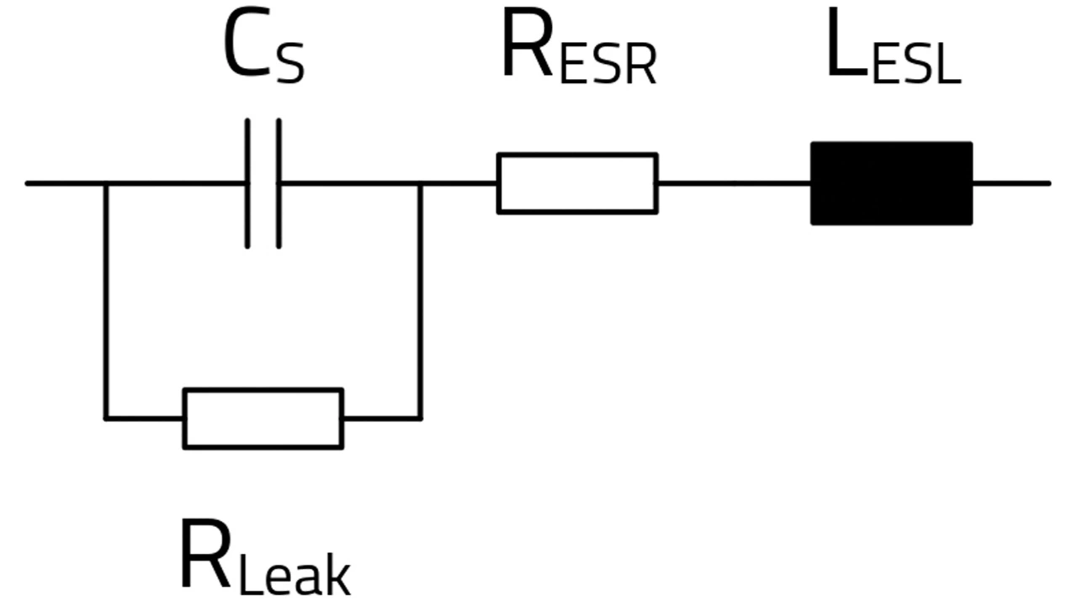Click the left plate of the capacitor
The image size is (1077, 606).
point(247,183)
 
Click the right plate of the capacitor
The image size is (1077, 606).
point(279,183)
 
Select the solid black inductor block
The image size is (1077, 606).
point(892,183)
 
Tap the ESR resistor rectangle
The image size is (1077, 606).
point(577,183)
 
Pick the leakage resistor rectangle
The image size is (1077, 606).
point(263,419)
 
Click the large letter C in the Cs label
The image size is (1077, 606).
point(247,42)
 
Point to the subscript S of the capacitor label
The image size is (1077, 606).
point(290,63)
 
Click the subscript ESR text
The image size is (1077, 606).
point(608,64)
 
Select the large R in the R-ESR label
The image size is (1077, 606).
point(527,42)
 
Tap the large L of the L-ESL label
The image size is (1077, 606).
point(848,42)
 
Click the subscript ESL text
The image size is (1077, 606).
point(917,64)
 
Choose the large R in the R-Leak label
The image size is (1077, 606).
point(204,554)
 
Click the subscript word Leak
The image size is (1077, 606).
point(294,573)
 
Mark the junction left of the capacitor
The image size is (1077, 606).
point(106,183)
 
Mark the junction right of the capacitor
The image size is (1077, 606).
point(420,183)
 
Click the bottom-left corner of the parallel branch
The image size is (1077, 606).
point(106,419)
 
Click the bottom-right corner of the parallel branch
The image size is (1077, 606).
point(420,419)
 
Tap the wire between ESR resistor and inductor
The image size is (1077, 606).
point(735,183)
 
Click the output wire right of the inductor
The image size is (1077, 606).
point(1011,183)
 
